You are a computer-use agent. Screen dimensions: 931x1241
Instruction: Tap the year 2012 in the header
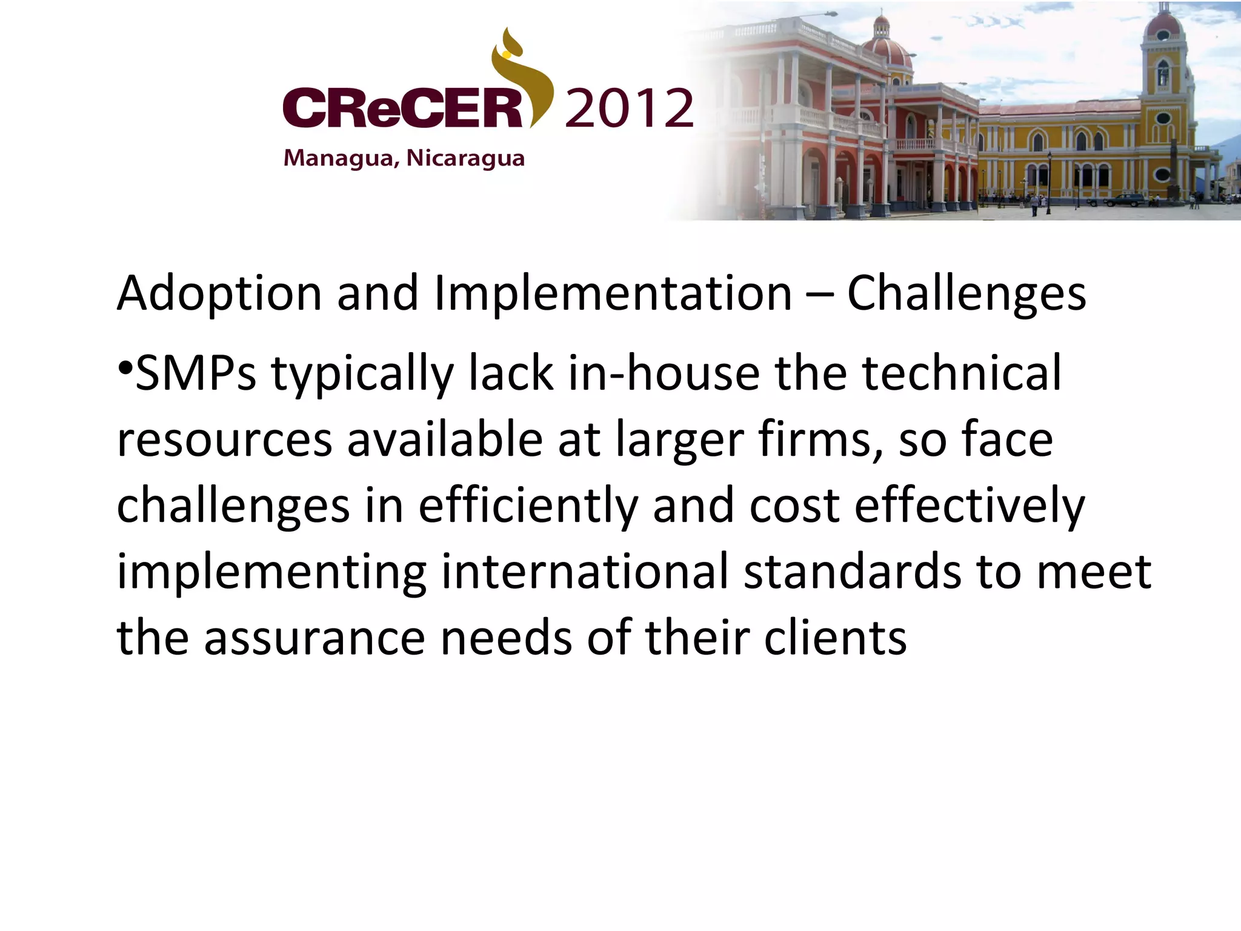coord(629,108)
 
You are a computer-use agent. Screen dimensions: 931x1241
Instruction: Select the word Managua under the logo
coord(341,158)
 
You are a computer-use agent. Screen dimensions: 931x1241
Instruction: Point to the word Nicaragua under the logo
coord(465,158)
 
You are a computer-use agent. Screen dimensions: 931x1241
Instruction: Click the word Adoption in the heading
coord(219,294)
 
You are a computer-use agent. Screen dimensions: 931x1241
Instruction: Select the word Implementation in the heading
coord(613,294)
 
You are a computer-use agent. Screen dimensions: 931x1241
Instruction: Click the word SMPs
coord(196,374)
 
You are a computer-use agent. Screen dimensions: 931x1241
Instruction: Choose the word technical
coord(962,374)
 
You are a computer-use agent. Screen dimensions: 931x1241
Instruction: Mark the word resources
coord(224,440)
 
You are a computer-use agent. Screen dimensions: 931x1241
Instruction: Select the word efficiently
coord(528,507)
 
